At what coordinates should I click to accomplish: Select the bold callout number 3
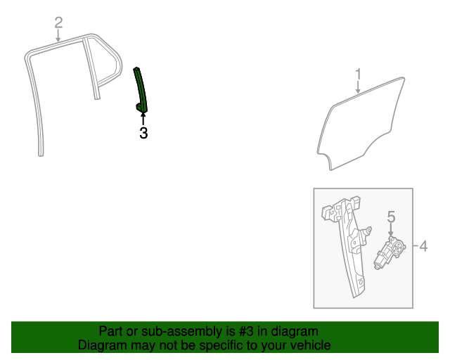tap(143, 132)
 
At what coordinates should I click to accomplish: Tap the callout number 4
tap(423, 246)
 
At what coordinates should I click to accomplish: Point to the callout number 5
tap(391, 218)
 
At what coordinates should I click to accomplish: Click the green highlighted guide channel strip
tap(141, 88)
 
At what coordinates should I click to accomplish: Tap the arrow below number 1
tap(358, 87)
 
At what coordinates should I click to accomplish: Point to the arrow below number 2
tap(59, 36)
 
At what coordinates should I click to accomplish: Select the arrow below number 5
tap(391, 231)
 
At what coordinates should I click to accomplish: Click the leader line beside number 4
tap(414, 246)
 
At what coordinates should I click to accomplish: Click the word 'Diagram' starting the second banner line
tap(99, 345)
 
